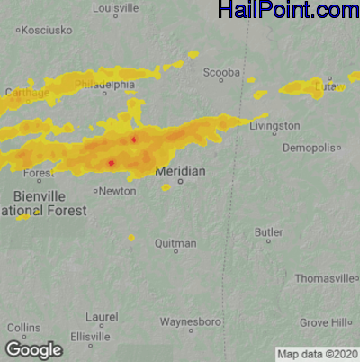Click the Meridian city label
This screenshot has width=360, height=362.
coord(180,171)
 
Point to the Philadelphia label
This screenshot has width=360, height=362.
coord(104,85)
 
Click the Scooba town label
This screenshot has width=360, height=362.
coord(221,72)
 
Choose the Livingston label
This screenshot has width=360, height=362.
coord(274,127)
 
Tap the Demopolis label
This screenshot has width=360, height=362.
coord(310,147)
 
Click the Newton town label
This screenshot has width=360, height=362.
coord(118,191)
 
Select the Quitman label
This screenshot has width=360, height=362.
coord(175,243)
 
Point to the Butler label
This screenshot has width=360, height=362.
coord(268,232)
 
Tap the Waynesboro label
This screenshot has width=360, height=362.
coord(191,321)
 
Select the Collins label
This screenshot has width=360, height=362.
coord(24,328)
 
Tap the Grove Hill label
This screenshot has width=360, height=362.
coord(326,321)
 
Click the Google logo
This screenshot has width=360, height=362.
coord(33,349)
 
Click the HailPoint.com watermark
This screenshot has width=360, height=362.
coord(288,11)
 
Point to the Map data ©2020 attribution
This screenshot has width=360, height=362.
coord(317,354)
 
